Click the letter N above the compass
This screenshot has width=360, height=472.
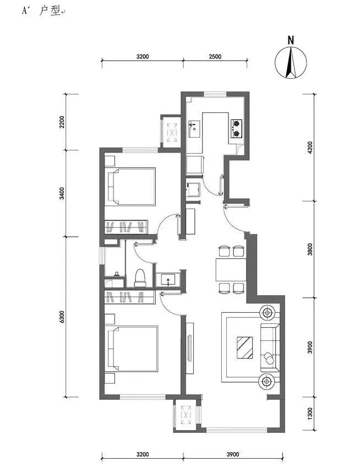291,40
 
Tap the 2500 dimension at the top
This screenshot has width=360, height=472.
215,56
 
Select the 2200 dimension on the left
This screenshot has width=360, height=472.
62,122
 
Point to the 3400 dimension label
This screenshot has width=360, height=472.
62,193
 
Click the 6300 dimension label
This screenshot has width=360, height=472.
62,317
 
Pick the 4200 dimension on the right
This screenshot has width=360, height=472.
310,148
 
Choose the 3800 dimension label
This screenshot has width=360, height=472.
310,249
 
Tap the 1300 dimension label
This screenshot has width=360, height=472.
310,414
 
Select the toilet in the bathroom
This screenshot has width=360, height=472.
140,278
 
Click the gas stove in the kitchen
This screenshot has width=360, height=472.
236,128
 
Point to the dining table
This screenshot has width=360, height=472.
231,270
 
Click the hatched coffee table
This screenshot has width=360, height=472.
244,348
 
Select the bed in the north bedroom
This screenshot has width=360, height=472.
132,187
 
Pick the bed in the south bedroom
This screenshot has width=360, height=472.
133,348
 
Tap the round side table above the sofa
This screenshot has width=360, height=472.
267,313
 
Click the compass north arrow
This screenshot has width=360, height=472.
291,62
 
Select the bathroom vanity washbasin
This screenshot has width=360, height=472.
168,280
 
